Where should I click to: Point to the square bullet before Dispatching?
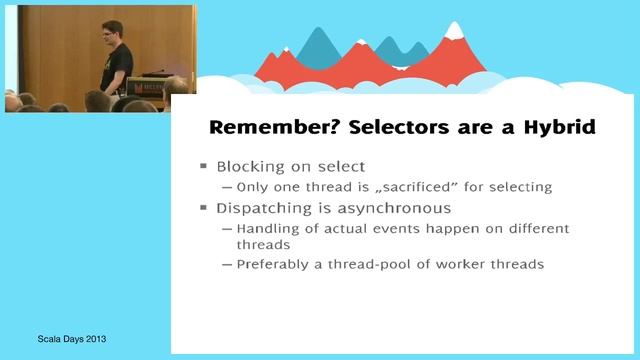point(203,209)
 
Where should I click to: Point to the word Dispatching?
point(266,209)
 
